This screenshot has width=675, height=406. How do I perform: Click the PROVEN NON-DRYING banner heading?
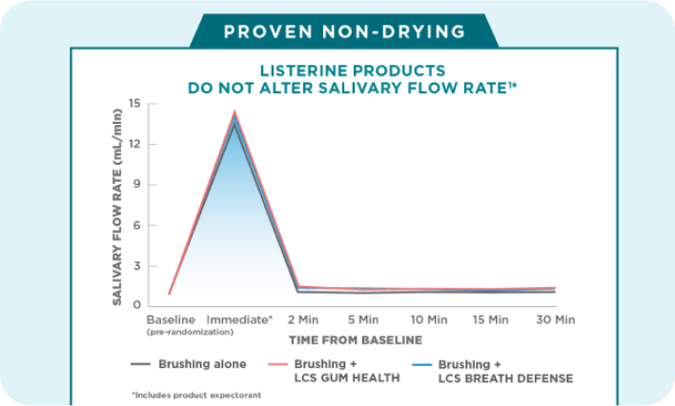tap(344, 31)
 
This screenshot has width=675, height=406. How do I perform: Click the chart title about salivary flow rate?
tap(353, 79)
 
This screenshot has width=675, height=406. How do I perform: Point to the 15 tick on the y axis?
tap(135, 104)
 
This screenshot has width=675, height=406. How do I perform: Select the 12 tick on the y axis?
tap(135, 144)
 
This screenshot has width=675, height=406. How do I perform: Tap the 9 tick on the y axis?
tap(137, 185)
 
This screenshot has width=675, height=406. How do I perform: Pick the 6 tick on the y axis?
tap(137, 226)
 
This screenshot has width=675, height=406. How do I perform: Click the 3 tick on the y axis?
tap(137, 266)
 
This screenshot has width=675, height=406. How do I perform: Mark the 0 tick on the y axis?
tap(137, 306)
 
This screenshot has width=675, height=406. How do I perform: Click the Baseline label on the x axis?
tap(170, 319)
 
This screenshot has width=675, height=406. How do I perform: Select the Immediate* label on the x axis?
tap(239, 319)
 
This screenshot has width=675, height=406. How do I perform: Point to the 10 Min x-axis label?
tap(428, 319)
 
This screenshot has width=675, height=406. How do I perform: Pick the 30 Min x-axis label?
tap(555, 319)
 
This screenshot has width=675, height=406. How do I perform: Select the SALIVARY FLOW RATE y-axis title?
tap(117, 205)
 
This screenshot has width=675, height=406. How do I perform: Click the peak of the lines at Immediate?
tap(235, 113)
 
